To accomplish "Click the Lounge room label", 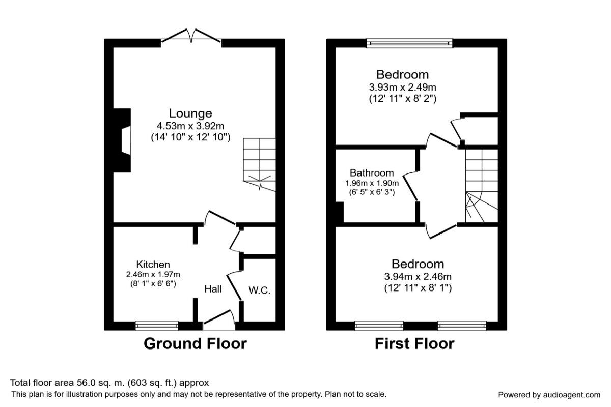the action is (190, 113).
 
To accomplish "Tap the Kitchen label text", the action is (153, 265).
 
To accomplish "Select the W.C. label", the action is (259, 290).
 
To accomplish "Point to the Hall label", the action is (213, 289).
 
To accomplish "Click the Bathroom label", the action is (372, 173).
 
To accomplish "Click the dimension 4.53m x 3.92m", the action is (190, 126).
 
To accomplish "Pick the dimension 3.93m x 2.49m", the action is (403, 87).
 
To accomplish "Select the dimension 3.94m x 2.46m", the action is (418, 277).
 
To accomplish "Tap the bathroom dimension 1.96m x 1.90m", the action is (372, 183).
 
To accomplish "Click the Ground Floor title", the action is (196, 344).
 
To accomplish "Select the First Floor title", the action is (414, 344).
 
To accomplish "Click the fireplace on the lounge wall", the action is (122, 140).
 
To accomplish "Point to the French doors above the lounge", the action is (191, 37).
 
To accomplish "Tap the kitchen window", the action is (157, 326).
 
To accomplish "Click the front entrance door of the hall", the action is (220, 320).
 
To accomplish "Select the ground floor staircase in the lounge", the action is (259, 164).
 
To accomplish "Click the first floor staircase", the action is (482, 186).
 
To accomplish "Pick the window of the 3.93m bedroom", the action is (410, 43).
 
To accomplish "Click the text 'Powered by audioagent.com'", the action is (549, 395).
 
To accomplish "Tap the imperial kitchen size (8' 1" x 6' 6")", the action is (153, 284).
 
